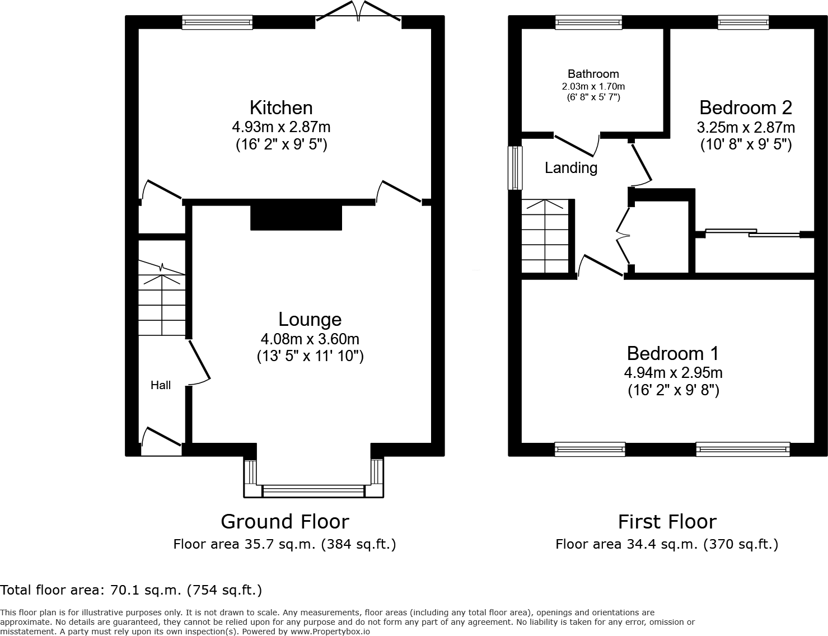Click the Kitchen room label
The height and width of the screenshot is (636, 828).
coord(281,107)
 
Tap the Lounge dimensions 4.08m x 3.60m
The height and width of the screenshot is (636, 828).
coord(310,339)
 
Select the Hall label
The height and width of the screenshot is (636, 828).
coord(161,385)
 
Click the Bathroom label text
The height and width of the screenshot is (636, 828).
coord(593,74)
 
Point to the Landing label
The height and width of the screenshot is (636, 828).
coord(571,168)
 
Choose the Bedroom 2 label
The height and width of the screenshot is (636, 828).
coord(745,107)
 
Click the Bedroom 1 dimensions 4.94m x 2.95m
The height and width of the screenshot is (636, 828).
coord(673,372)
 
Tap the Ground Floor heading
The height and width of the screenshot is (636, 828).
coord(284,521)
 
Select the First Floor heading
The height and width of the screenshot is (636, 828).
coord(667,521)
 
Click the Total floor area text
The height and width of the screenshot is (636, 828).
coord(131,590)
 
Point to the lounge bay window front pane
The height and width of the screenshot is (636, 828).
coord(314,491)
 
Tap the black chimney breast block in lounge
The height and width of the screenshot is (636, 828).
coord(296,217)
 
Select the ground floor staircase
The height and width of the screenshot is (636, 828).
coord(162,300)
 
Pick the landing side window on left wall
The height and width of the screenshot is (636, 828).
coord(514,168)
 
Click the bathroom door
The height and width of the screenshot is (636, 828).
coord(577,144)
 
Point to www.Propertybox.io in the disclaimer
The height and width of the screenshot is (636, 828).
coord(330,631)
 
